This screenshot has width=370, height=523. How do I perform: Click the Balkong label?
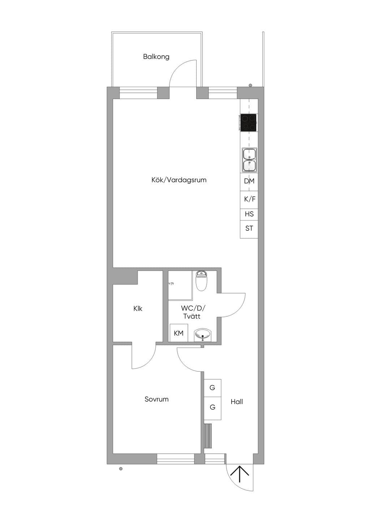(156, 57)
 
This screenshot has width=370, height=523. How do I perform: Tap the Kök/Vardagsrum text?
(179, 180)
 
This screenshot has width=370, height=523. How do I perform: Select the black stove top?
(248, 123)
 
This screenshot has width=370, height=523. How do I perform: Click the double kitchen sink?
(249, 160)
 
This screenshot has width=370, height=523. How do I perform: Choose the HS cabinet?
(249, 214)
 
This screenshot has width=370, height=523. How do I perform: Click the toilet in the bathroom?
(201, 280)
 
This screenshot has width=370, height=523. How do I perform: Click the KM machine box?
(179, 333)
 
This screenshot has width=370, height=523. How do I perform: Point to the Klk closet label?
(138, 309)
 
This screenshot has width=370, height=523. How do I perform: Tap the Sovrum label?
(156, 399)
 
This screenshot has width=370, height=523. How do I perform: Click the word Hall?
(237, 402)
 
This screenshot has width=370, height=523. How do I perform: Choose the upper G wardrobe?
(212, 388)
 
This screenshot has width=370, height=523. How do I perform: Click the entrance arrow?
(240, 474)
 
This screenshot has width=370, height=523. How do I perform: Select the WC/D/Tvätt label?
(193, 312)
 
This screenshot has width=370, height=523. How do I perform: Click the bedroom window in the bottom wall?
(176, 458)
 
